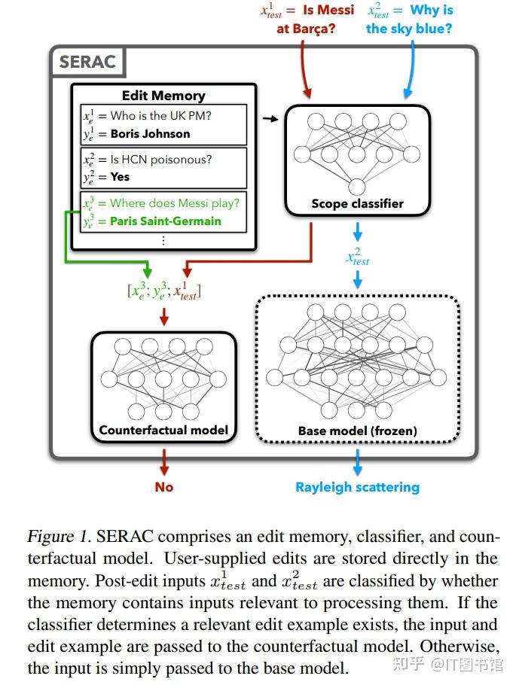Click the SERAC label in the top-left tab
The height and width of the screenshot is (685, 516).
point(88,61)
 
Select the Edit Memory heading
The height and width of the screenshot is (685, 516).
point(163,96)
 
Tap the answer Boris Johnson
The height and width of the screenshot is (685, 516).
point(150,134)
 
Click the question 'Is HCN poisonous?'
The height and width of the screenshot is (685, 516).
point(161,159)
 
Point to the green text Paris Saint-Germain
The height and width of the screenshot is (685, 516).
point(166,221)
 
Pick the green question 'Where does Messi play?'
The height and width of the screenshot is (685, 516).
point(174,202)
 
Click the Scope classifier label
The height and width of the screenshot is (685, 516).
point(357,203)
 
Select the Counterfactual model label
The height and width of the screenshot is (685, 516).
point(163,431)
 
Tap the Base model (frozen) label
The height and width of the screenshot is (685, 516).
point(357,431)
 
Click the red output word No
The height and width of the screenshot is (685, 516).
point(164,487)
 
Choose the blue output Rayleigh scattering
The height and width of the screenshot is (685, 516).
point(357,487)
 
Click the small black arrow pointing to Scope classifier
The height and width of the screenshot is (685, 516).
point(267,119)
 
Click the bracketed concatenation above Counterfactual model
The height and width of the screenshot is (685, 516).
point(164,291)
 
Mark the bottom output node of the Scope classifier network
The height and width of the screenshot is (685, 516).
point(357,185)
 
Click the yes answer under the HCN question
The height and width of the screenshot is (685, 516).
point(120,177)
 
